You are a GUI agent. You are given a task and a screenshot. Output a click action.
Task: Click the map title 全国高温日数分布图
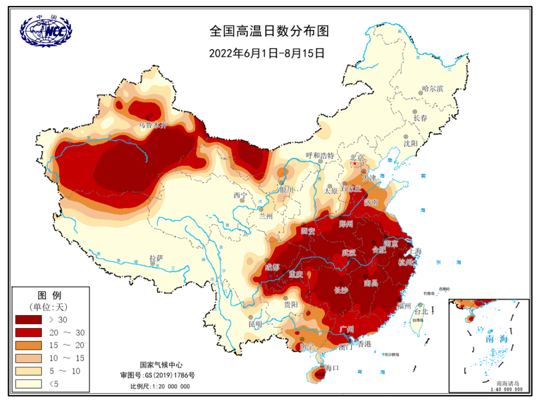point(269,31)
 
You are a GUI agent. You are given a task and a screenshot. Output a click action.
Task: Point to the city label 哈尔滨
point(432,88)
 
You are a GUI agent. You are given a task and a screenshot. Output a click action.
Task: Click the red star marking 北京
point(355,163)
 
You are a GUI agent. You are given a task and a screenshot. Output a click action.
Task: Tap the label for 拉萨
point(156,258)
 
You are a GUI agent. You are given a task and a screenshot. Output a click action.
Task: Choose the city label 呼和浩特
point(320,155)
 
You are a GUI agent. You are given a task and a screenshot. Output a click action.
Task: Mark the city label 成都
point(272,267)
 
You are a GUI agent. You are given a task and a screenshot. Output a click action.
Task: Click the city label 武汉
point(349,253)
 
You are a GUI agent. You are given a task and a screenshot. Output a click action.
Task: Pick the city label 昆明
point(255,324)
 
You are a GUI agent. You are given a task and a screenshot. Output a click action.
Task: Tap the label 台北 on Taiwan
point(421,311)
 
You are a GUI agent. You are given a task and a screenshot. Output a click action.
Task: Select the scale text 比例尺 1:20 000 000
point(159,386)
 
